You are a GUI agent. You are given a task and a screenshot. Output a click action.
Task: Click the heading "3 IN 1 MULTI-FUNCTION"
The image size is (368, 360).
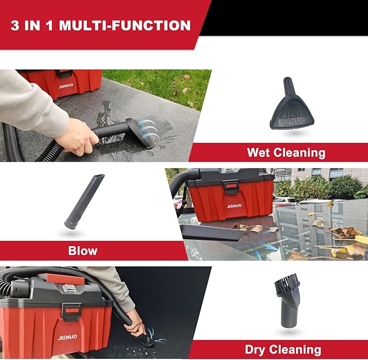coord(101,25)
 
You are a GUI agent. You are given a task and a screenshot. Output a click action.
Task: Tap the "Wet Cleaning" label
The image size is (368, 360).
coord(286,152)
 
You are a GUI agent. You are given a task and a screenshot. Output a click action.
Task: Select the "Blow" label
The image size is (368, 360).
coord(83,250)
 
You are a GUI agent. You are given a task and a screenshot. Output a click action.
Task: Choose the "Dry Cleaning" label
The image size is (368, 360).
coord(283,350)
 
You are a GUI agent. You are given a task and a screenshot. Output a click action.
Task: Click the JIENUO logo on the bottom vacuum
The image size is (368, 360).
coord(67,337)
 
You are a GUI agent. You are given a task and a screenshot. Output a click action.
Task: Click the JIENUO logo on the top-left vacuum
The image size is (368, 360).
coord(66,86)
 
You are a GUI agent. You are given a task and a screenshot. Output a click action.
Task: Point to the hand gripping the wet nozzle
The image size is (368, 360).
coord(76,136)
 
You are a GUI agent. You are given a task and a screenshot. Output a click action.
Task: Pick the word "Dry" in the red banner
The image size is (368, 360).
coord(257,350)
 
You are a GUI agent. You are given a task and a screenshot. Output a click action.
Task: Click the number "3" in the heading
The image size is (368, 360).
coord(15,25)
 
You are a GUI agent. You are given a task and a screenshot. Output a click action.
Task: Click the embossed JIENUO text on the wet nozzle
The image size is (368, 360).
coord(293,120)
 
